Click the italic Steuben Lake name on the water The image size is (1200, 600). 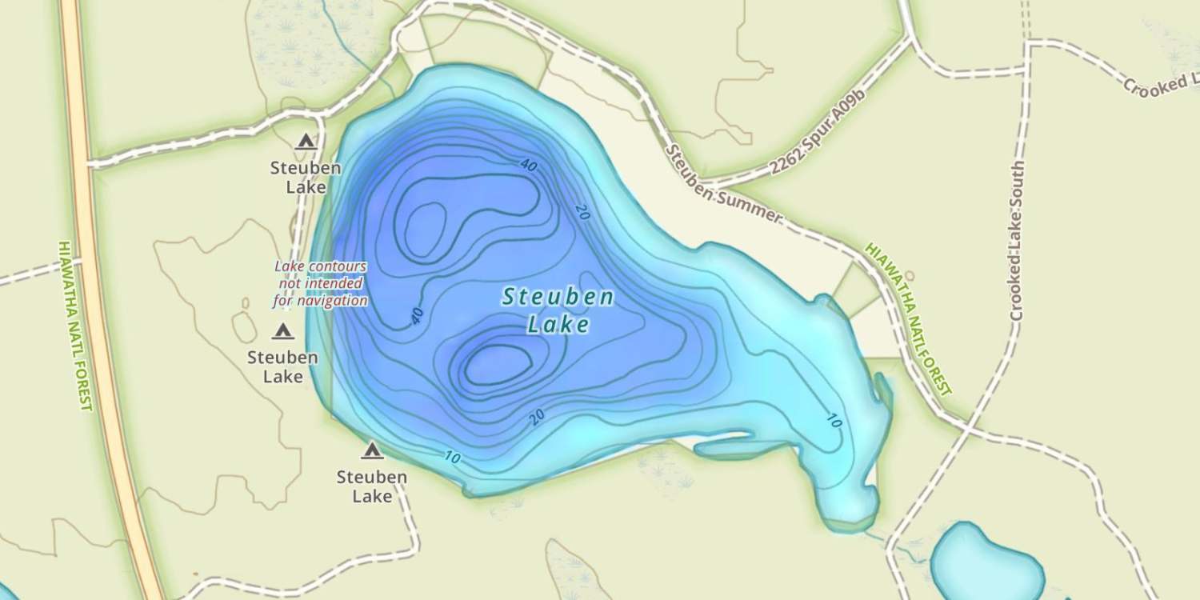(558, 310)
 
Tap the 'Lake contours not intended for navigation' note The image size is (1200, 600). (320, 284)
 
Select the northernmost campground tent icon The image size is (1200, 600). (305, 142)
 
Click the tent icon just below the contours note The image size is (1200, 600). (282, 331)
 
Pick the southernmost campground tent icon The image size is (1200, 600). (371, 451)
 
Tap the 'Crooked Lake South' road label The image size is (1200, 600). (1017, 240)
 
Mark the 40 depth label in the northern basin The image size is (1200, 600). (528, 166)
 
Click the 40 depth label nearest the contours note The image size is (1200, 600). (416, 317)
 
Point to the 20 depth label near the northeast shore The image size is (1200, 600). (582, 211)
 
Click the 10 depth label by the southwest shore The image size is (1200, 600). (452, 458)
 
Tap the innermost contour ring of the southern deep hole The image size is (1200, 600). (498, 364)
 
